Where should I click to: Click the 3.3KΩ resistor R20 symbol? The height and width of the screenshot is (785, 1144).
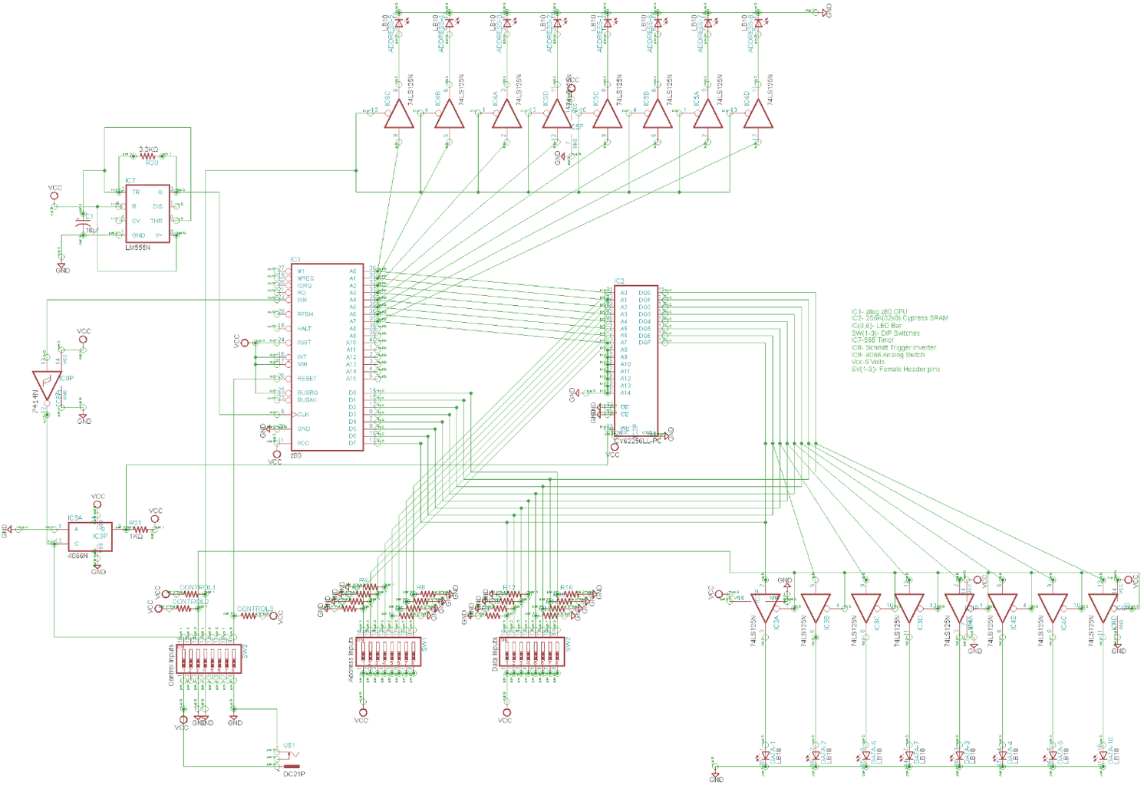pos(148,156)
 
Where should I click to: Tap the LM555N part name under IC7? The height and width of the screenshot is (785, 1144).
pos(137,248)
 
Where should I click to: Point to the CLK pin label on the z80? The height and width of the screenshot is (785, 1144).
pos(303,415)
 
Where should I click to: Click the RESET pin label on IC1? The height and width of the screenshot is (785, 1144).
pos(307,379)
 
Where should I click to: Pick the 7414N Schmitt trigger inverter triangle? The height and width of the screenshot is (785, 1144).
pos(47,384)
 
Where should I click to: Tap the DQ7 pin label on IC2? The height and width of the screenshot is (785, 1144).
pos(644,343)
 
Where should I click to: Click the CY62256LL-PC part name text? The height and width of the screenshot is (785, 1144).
pos(637,442)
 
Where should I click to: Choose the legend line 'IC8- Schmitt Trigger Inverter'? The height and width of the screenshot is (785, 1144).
pos(893,348)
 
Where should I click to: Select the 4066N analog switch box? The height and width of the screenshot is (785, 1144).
pos(90,537)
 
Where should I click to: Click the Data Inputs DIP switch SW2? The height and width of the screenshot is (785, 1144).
pos(533,652)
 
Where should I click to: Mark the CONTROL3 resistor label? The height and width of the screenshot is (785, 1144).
pos(255,609)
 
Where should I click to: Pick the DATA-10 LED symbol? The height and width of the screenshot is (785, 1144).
pos(1103,756)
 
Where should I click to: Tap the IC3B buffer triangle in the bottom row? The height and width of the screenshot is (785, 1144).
pos(816,607)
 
